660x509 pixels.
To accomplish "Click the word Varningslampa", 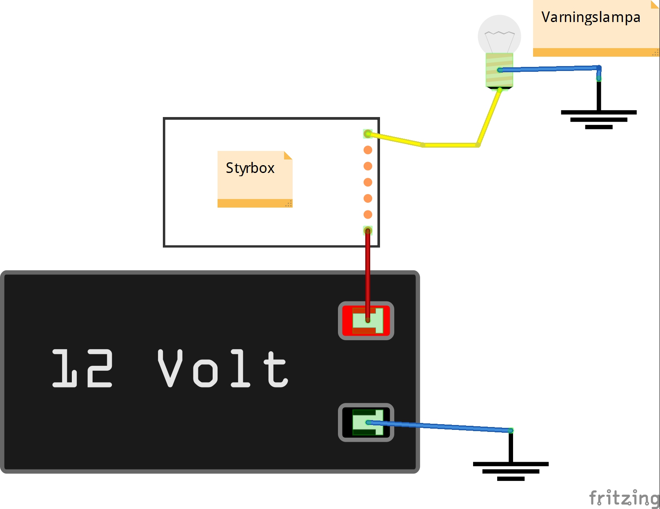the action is [591, 18].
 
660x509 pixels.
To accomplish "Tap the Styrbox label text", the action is [250, 168].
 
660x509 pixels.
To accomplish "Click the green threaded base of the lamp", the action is [500, 70].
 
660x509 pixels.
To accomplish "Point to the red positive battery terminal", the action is [366, 321].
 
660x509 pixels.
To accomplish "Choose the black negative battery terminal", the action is [366, 422].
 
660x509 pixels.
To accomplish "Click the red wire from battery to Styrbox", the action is [368, 276].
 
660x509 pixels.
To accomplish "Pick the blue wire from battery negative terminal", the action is [439, 426].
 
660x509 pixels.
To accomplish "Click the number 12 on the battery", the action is [82, 368].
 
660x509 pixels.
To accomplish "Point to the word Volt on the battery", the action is [222, 368].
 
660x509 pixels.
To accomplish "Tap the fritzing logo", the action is [624, 498].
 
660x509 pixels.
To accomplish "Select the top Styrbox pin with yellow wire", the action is [368, 133].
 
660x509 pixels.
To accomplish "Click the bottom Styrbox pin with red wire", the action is [368, 231].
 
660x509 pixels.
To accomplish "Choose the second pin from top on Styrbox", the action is [368, 150].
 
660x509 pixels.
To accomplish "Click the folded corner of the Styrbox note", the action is [288, 155].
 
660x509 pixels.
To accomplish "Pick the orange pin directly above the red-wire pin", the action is [368, 215].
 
